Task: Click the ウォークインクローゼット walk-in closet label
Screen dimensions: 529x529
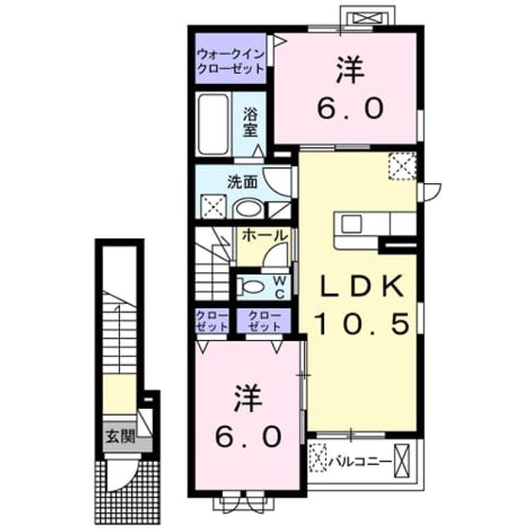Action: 231,61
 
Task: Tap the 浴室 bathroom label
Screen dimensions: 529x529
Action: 250,123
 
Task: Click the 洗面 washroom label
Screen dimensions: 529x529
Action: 242,183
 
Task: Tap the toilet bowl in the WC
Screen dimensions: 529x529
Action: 250,287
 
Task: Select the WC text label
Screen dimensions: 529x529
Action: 280,287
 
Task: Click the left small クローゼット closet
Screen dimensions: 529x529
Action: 212,321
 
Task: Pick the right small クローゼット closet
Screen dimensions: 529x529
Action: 264,321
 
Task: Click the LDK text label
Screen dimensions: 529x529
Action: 361,286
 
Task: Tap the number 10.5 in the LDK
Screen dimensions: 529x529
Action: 362,323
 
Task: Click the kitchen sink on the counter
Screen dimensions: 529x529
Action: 351,223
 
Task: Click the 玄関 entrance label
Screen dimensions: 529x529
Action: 120,437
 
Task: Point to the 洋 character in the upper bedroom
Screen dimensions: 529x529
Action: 351,71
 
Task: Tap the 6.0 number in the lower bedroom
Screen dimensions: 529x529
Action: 249,436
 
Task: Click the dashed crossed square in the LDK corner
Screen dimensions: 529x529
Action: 402,166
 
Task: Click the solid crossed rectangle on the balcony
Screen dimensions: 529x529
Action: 402,461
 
